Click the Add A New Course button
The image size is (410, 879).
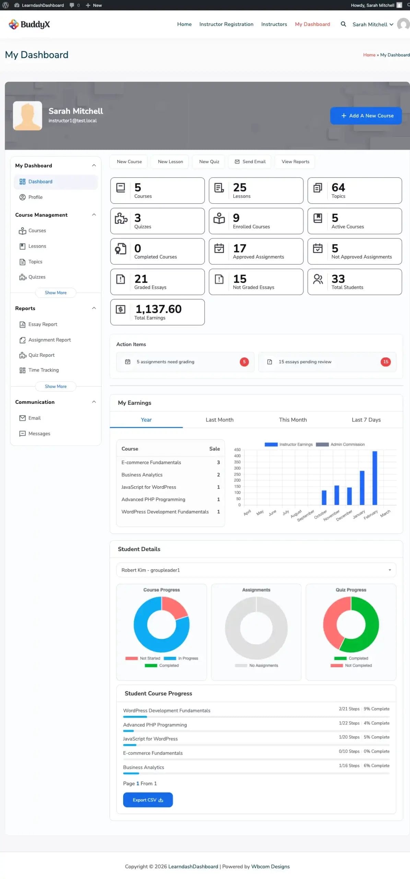pyautogui.click(x=366, y=116)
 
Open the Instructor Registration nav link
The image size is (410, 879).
pyautogui.click(x=226, y=24)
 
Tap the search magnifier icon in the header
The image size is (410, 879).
pyautogui.click(x=343, y=24)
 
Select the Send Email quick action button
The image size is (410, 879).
pyautogui.click(x=250, y=162)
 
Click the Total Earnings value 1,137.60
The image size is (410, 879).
pyautogui.click(x=158, y=309)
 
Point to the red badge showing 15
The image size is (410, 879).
pyautogui.click(x=385, y=362)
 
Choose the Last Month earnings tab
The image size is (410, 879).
pyautogui.click(x=219, y=420)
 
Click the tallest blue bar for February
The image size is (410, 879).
pyautogui.click(x=375, y=477)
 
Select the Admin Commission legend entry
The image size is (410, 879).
pyautogui.click(x=340, y=444)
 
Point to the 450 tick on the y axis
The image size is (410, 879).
pyautogui.click(x=237, y=449)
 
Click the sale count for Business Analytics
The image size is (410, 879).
pyautogui.click(x=218, y=475)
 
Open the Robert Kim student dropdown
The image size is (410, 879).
pyautogui.click(x=256, y=570)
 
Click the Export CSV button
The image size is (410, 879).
pyautogui.click(x=148, y=800)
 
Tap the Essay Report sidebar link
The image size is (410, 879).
pyautogui.click(x=43, y=324)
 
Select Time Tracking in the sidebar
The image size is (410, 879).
pyautogui.click(x=43, y=370)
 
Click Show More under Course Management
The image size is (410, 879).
pyautogui.click(x=56, y=293)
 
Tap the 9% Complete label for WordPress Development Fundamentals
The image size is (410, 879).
pyautogui.click(x=376, y=709)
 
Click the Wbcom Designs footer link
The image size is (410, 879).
pyautogui.click(x=270, y=866)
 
